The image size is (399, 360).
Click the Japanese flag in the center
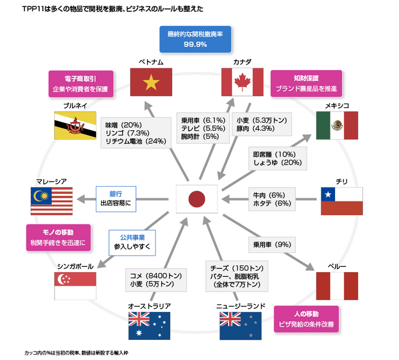tap(197, 199)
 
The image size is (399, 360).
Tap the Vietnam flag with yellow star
tap(151, 83)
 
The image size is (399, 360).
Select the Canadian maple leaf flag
tap(242, 83)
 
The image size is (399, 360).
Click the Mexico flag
tap(337, 125)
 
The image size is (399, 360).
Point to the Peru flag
tap(337, 286)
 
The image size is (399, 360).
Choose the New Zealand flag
tap(241, 326)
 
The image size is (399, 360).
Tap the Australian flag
tap(149, 326)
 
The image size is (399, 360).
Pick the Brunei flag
tap(75, 125)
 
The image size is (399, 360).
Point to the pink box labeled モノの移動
tap(58, 237)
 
